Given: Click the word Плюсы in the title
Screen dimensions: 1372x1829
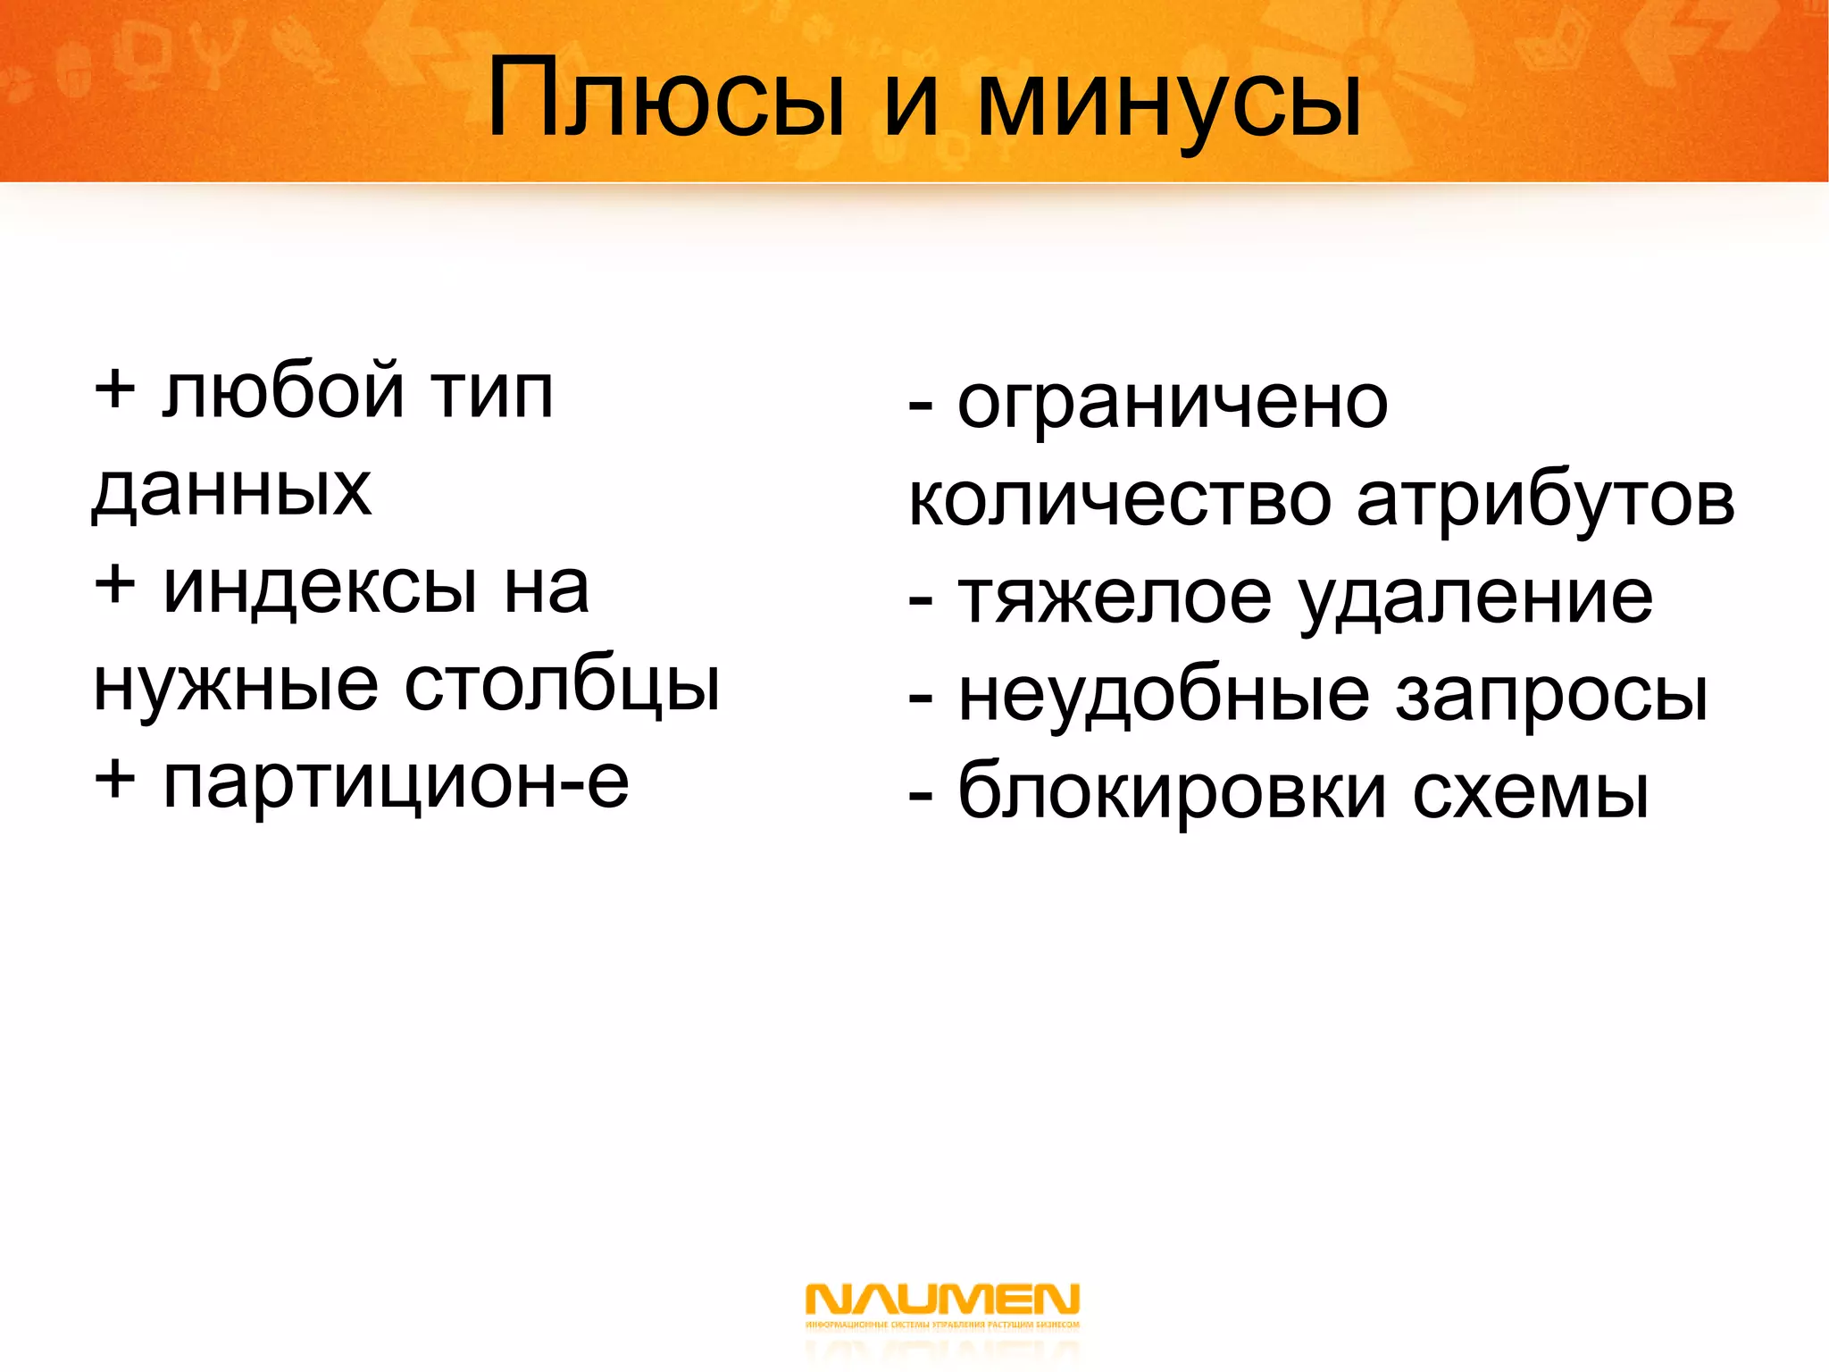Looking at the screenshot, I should [665, 100].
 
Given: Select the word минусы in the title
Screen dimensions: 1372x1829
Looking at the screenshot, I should [1170, 100].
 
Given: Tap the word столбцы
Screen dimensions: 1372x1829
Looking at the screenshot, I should [562, 685].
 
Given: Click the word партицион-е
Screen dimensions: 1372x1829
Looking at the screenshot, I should [396, 783].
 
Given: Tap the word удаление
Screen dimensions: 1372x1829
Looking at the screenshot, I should [1475, 598].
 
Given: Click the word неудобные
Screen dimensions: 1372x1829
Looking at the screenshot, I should [1164, 695].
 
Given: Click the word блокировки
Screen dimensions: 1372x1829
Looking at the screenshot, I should [1172, 791].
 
